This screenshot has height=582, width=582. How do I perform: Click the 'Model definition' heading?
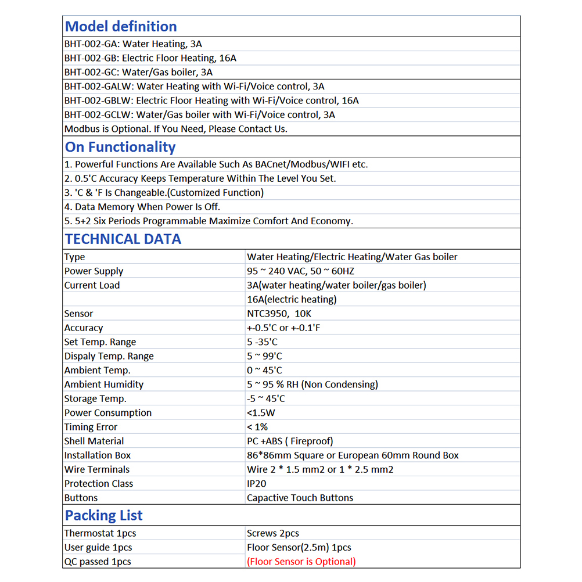121,27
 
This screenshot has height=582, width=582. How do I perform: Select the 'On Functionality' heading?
120,148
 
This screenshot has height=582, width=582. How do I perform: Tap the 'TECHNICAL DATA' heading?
123,239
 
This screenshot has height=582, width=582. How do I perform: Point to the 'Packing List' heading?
103,516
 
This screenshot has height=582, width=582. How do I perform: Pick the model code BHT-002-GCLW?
98,115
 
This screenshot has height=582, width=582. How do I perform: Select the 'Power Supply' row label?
94,271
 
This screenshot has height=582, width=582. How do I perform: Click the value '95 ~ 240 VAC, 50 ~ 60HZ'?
300,271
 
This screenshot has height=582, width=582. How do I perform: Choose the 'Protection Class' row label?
99,484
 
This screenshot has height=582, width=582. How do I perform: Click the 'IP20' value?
256,484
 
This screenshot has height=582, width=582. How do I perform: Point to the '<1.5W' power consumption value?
261,413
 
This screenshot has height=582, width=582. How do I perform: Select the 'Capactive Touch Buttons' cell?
300,498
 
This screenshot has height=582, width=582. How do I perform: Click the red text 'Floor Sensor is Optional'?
301,562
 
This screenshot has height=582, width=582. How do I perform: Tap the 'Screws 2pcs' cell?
273,533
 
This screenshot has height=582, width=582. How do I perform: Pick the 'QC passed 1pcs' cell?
98,562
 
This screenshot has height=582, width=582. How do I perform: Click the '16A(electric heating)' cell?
292,300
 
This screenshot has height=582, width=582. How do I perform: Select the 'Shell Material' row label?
94,441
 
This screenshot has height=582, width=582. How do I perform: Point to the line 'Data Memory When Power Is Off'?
142,207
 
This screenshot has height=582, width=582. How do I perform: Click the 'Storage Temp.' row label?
95,399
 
